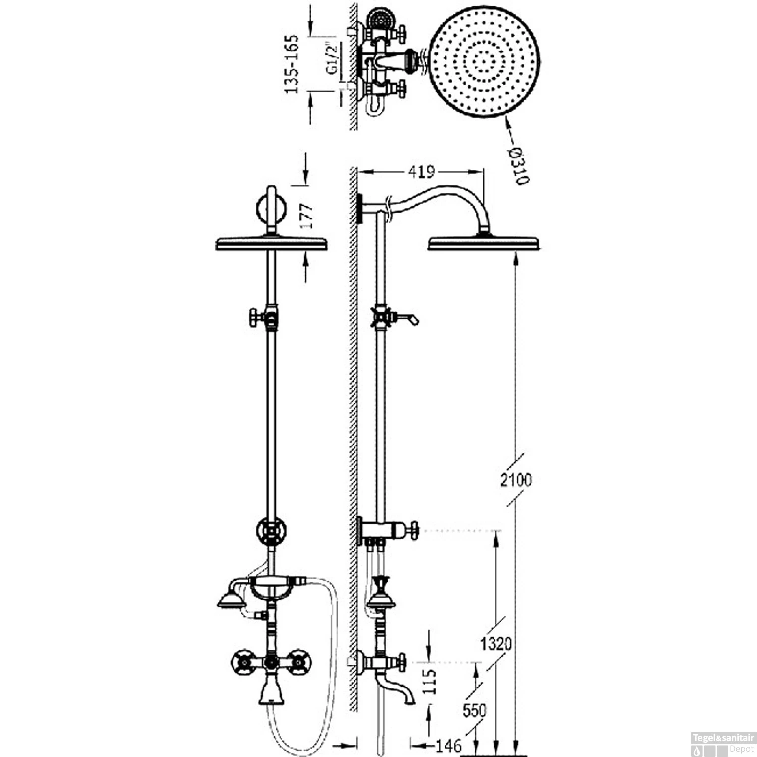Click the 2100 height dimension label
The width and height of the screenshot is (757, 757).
516,480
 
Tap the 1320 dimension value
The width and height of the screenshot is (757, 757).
496,644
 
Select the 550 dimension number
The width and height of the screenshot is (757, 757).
474,710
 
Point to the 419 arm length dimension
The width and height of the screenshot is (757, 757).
421,172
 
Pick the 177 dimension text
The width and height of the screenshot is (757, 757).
306,215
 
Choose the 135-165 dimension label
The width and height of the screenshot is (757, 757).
292,64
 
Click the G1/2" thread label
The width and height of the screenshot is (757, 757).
332,59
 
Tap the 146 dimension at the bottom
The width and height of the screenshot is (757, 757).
448,745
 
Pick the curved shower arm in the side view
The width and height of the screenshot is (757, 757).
444,197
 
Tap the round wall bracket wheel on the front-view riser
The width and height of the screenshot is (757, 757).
271,530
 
